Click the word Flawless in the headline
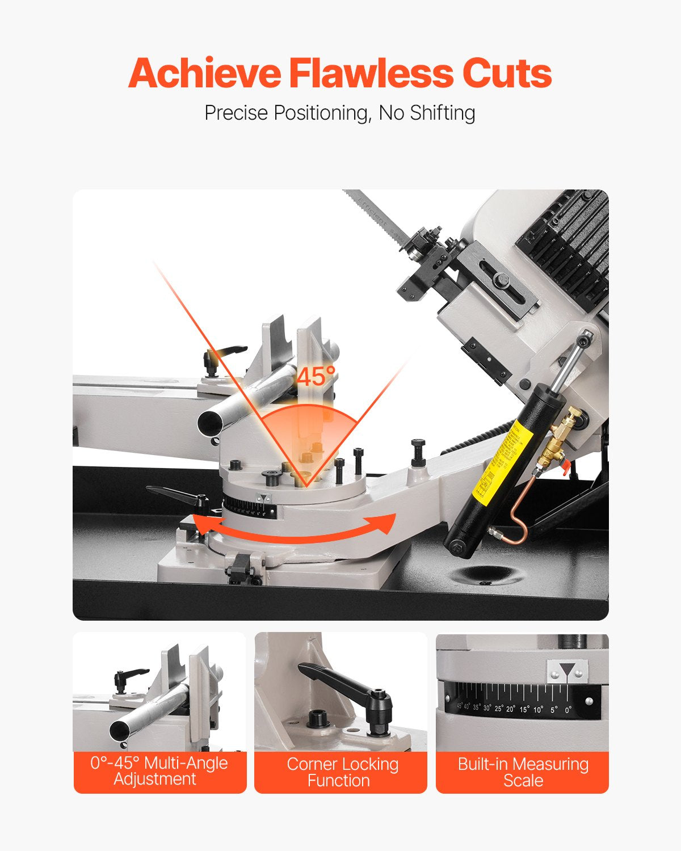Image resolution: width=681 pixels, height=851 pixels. tap(371, 74)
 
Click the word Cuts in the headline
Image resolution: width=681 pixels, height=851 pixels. tap(507, 74)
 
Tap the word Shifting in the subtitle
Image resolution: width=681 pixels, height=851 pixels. tap(443, 113)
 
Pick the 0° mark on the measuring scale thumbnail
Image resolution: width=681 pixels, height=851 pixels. tap(569, 709)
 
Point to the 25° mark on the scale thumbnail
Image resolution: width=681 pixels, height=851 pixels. tap(499, 709)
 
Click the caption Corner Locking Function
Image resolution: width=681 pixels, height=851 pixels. tap(341, 772)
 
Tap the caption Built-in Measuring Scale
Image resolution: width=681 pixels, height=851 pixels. tap(523, 772)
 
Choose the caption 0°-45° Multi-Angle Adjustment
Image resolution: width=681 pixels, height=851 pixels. tap(159, 771)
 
